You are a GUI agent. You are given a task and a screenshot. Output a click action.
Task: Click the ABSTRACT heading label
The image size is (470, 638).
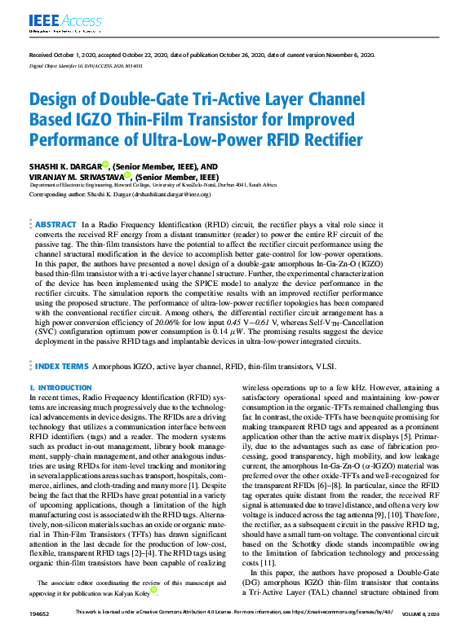point(56,222)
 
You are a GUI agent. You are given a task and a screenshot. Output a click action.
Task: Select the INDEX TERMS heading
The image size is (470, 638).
point(62,367)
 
